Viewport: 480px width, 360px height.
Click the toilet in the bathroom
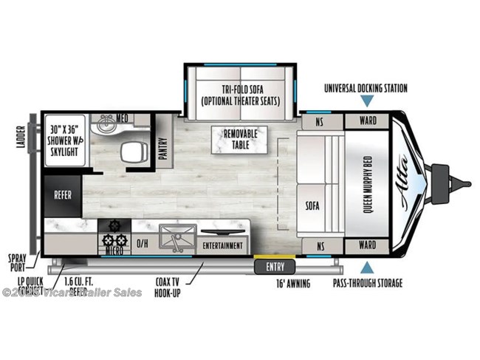(x=134, y=153)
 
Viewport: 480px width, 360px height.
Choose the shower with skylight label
(x=64, y=138)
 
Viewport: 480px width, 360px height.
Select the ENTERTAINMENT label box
(x=222, y=245)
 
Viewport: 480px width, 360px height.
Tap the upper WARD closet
(x=367, y=120)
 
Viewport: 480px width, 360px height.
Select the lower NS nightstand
(x=320, y=245)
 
